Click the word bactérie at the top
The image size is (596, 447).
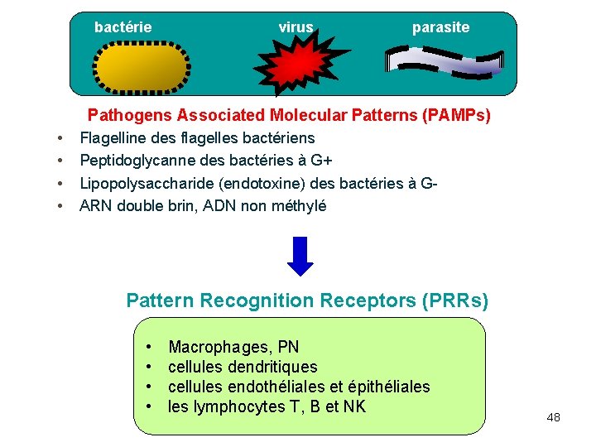pyautogui.click(x=123, y=27)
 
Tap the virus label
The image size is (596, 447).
pyautogui.click(x=296, y=27)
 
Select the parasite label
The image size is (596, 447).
pyautogui.click(x=440, y=27)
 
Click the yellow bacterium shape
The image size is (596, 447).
pyautogui.click(x=142, y=67)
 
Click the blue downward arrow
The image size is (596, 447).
pyautogui.click(x=300, y=256)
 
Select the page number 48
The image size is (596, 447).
pyautogui.click(x=553, y=417)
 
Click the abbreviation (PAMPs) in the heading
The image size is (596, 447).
pyautogui.click(x=456, y=115)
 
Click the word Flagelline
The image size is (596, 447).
pyautogui.click(x=112, y=137)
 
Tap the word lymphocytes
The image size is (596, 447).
pyautogui.click(x=231, y=406)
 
